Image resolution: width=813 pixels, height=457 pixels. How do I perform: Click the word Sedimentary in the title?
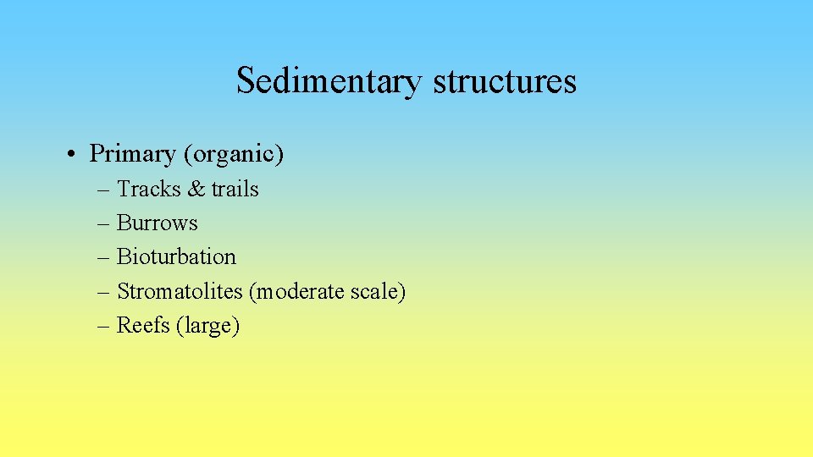pos(329,81)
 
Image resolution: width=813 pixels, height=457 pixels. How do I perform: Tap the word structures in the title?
pos(505,81)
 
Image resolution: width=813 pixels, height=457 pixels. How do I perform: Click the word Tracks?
pos(148,189)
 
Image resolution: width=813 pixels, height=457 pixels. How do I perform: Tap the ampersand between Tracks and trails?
pos(196,189)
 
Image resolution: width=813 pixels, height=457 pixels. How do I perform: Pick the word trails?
pos(235,189)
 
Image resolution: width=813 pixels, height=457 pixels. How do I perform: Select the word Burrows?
pos(157,223)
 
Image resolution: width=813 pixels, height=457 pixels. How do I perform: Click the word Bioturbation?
pos(176,256)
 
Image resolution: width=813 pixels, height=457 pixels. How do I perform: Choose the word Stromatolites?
pos(180,291)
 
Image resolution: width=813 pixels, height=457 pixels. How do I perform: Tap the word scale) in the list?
pos(379,291)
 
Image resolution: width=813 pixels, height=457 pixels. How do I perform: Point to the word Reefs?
pos(143,325)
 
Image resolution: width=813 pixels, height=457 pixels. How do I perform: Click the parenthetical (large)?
pos(208,326)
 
